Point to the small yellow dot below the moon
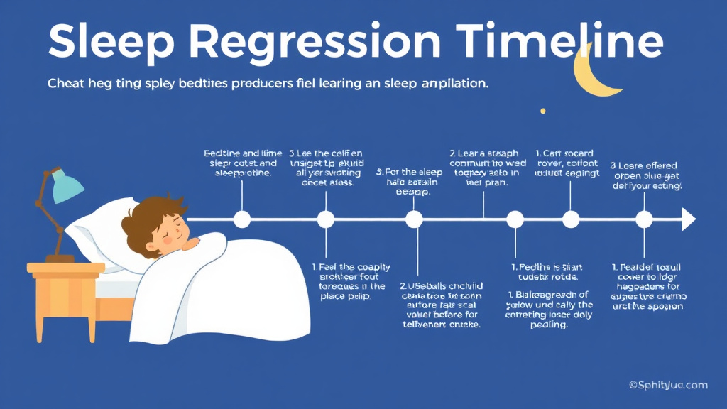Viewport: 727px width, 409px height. (543, 111)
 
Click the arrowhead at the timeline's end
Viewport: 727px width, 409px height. (688, 219)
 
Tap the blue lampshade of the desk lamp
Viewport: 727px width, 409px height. (67, 185)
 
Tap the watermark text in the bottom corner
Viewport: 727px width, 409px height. (667, 385)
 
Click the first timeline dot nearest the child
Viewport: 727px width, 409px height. (242, 219)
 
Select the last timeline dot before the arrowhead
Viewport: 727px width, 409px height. (644, 219)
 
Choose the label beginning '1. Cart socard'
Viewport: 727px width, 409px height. (566, 163)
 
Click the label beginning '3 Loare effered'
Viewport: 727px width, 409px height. (645, 176)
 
